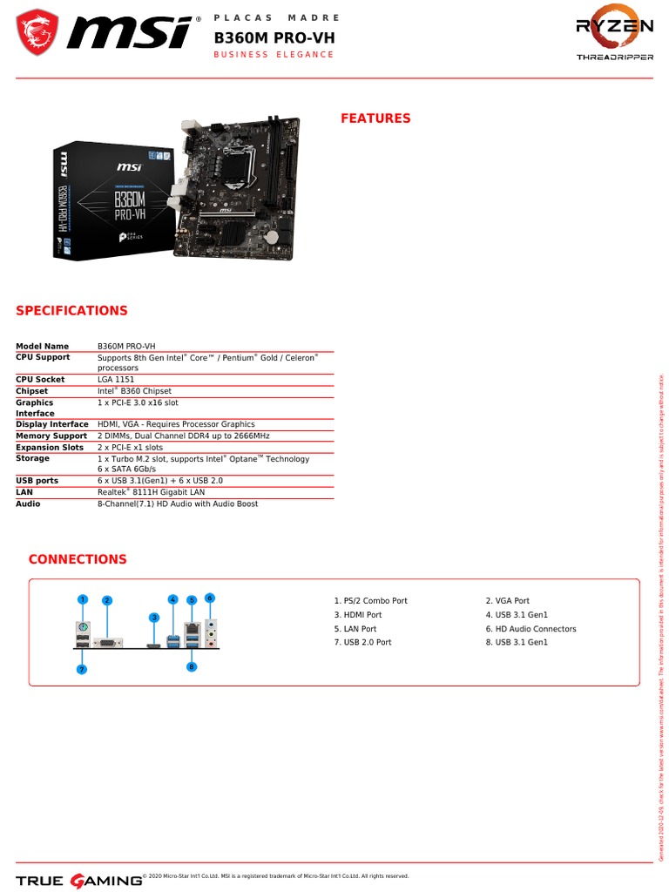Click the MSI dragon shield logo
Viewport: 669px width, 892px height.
pos(37,32)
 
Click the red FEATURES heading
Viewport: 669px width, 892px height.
pos(375,118)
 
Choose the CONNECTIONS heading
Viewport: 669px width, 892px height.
pos(78,559)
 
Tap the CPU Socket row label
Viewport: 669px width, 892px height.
pos(40,380)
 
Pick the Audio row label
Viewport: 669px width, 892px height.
pos(29,503)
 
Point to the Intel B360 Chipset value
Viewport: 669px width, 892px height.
pos(134,391)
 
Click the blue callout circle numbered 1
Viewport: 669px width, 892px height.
pos(83,599)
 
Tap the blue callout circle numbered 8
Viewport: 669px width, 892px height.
pos(192,666)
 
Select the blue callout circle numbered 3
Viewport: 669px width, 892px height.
pos(154,618)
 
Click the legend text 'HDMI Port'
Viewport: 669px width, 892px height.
pos(362,615)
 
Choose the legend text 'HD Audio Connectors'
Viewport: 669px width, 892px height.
pos(536,629)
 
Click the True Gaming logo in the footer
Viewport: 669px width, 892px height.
pos(78,880)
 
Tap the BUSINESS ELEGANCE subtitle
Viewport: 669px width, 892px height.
pos(274,55)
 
